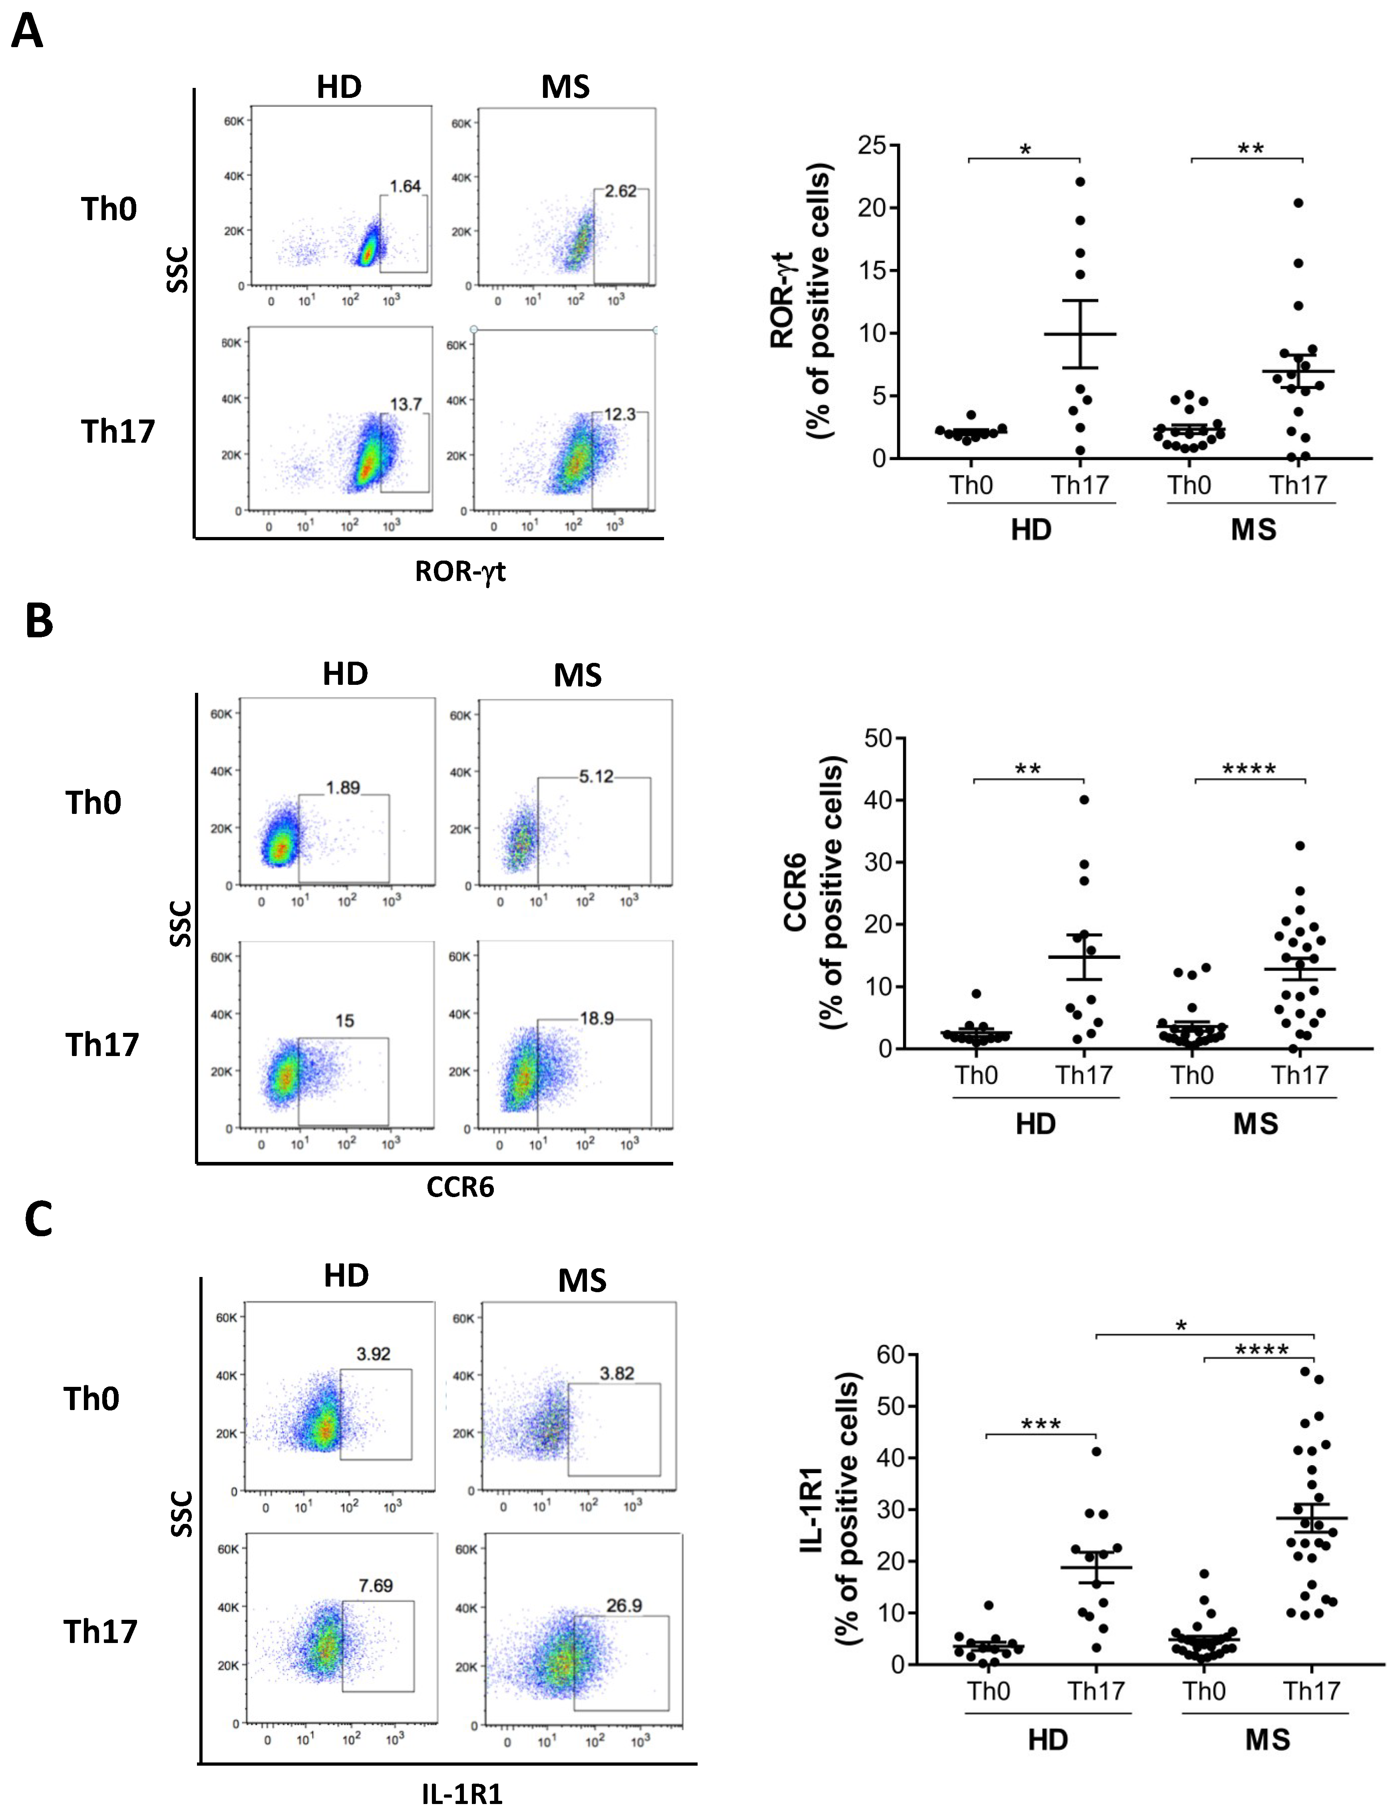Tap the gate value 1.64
click(405, 186)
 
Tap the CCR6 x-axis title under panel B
click(460, 1186)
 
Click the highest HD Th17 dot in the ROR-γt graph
click(1080, 181)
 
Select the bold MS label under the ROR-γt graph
click(1253, 530)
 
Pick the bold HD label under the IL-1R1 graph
click(1048, 1740)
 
